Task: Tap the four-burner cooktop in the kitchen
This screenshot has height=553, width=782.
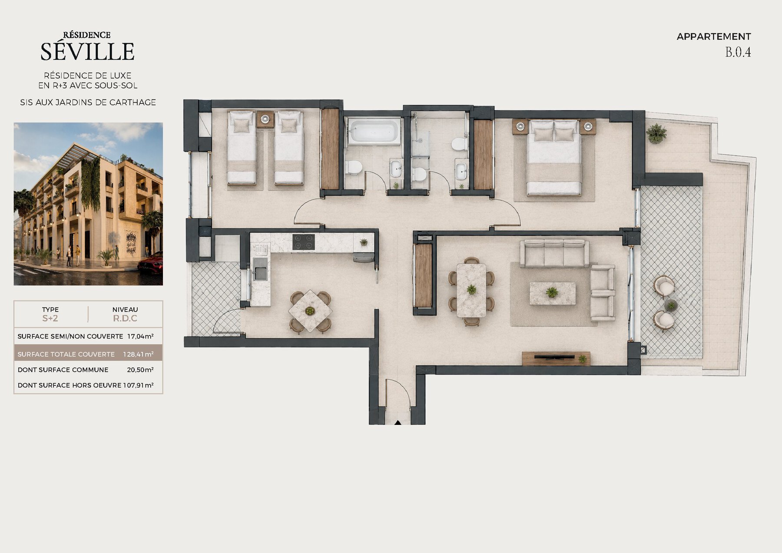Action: coord(303,242)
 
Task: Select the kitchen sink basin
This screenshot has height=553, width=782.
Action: coord(261,273)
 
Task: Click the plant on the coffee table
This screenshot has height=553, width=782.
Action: coord(552,292)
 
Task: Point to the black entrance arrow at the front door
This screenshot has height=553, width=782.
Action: coord(398,422)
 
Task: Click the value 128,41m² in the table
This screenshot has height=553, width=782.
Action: coord(138,354)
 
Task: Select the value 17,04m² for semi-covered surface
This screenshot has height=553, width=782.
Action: coord(140,336)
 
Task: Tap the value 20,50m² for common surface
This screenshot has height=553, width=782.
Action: coord(140,370)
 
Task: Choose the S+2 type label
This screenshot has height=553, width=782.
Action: coord(50,318)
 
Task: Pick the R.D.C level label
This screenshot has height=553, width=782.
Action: coord(125,318)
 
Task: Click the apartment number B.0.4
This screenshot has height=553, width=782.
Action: coord(738,52)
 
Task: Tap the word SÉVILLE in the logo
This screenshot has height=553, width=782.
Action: coord(87,51)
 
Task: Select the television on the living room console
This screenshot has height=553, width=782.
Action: coord(553,357)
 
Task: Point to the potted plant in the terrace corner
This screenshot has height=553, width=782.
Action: coord(656,133)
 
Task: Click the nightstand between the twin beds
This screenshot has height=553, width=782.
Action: coord(265,119)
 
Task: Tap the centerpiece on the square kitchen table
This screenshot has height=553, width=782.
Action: coord(310,311)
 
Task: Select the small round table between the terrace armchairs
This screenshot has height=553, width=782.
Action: coord(671,305)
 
